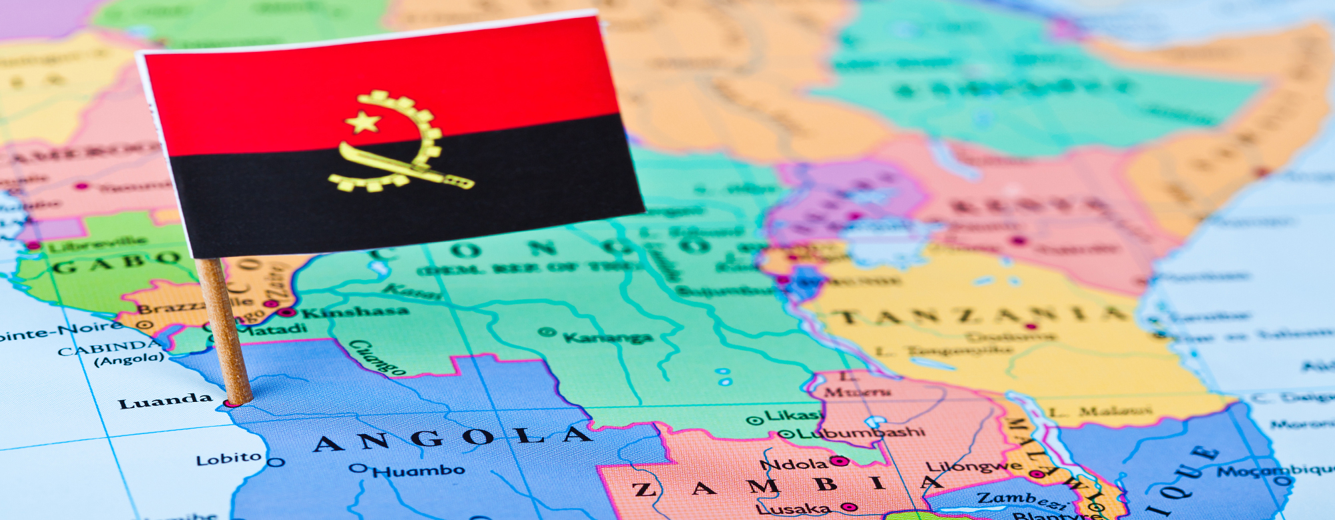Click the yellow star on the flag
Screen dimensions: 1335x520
(364, 122)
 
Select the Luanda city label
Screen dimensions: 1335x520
(165, 401)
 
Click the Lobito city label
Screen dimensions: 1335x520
(228, 459)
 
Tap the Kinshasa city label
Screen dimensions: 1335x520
(354, 311)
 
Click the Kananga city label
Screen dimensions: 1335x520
(607, 337)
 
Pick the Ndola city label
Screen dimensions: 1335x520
(794, 464)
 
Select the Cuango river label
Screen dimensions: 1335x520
(377, 357)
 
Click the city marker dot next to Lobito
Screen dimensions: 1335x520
(276, 462)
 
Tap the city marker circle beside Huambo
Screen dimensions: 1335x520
(359, 468)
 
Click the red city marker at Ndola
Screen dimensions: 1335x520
(840, 461)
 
